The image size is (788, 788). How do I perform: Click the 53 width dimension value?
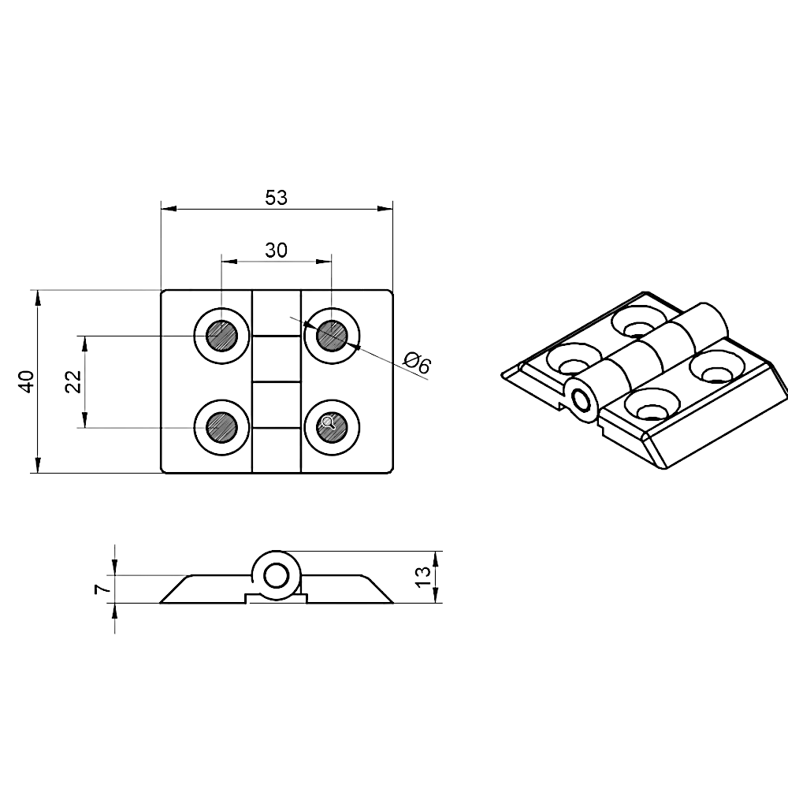coord(276,197)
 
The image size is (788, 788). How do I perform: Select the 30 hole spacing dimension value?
coord(276,250)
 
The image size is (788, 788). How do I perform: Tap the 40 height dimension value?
coord(25,381)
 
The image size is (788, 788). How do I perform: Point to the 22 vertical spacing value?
coord(72,381)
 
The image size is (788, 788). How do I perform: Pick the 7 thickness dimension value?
coord(100,589)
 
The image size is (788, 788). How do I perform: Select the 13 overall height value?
coord(423,576)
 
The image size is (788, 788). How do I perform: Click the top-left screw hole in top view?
coord(221,337)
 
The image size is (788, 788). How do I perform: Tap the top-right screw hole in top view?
coord(331,337)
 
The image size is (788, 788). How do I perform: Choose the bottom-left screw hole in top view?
coord(221,426)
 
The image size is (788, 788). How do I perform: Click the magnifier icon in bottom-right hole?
coord(330,425)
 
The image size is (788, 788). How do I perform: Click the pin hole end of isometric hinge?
coord(584,400)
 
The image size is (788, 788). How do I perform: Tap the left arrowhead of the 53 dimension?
coord(165,209)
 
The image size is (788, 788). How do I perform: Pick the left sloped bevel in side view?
coord(175,589)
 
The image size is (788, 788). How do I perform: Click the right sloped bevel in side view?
coord(377,589)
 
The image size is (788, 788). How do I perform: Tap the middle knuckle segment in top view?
coord(277,359)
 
